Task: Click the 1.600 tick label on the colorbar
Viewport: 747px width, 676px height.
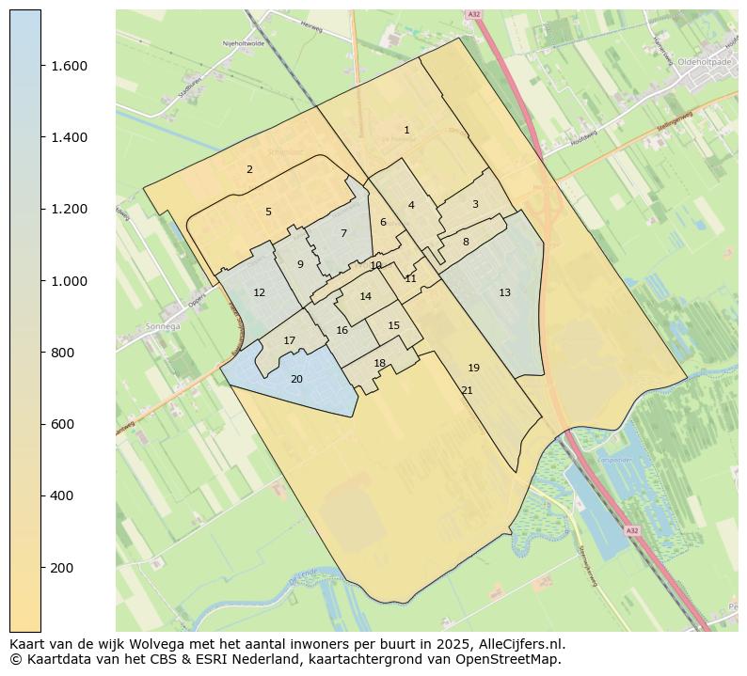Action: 69,66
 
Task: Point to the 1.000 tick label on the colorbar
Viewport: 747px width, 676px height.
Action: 69,281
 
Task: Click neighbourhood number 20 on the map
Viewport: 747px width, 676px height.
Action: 296,379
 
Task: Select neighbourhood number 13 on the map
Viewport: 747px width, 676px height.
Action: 504,292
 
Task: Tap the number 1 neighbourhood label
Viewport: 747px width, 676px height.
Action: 406,130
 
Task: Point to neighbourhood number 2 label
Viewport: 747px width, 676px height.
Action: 249,169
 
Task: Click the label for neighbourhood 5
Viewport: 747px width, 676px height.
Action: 268,212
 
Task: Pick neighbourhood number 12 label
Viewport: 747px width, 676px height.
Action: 259,292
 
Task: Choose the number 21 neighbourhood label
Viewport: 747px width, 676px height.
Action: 467,390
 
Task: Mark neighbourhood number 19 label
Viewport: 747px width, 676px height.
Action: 473,368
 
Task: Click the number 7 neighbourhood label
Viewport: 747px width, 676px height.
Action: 343,233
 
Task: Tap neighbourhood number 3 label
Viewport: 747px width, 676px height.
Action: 475,204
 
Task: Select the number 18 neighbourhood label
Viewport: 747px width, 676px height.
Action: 379,363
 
